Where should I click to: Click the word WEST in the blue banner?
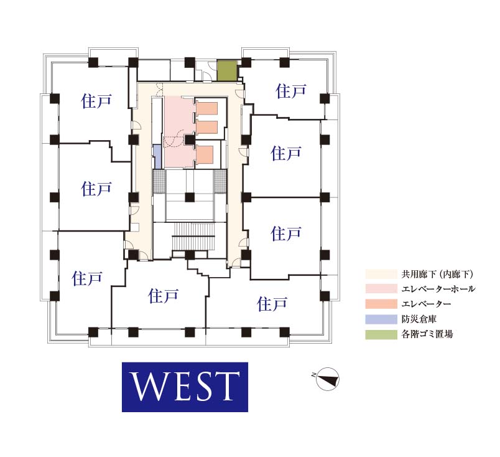pyautogui.click(x=185, y=387)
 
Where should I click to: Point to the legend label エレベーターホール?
pyautogui.click(x=438, y=289)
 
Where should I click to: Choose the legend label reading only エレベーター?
pyautogui.click(x=426, y=304)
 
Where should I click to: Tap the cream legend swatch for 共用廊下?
pyautogui.click(x=381, y=274)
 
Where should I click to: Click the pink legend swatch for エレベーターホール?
pyautogui.click(x=381, y=289)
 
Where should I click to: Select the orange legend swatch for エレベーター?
pyautogui.click(x=381, y=304)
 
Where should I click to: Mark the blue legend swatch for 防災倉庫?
pyautogui.click(x=381, y=319)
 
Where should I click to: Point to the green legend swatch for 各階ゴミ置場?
pyautogui.click(x=381, y=334)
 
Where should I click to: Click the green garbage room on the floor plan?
pyautogui.click(x=228, y=70)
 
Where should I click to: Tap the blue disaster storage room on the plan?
pyautogui.click(x=157, y=156)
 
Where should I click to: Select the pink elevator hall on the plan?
pyautogui.click(x=178, y=131)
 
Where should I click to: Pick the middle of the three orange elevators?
pyautogui.click(x=206, y=127)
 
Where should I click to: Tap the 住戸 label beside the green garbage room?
pyautogui.click(x=291, y=92)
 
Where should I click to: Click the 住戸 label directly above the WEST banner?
pyautogui.click(x=164, y=296)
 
